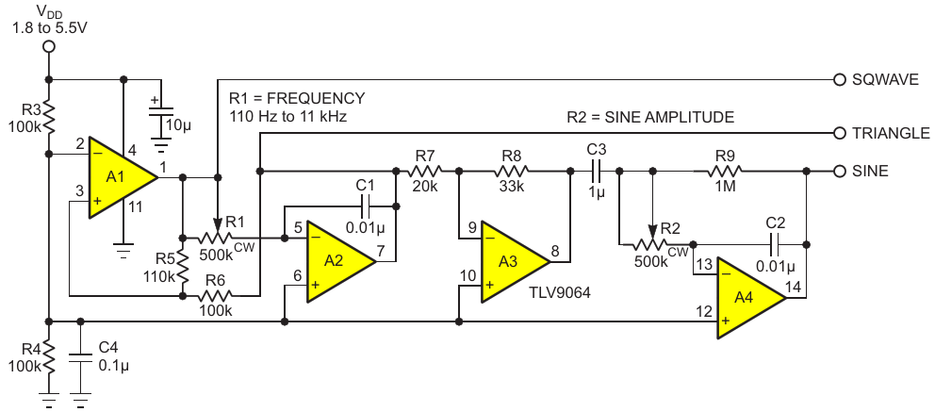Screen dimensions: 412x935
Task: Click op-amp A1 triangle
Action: coord(118,177)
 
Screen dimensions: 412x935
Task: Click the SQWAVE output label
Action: coord(885,80)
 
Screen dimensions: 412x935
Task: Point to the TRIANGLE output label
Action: coord(891,134)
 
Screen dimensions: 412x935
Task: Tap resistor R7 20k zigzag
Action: coord(425,172)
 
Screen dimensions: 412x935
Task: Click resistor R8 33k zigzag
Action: coord(512,172)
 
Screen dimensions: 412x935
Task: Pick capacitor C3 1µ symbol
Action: coord(596,172)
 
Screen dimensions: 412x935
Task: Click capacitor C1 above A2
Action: coord(367,203)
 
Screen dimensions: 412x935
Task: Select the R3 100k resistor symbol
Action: coord(48,119)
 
